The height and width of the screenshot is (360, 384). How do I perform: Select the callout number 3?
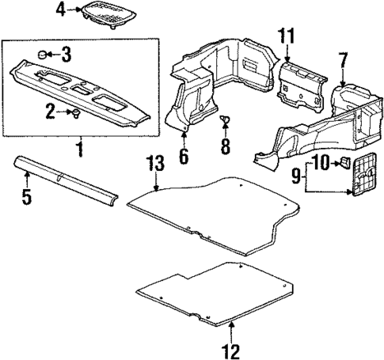67,54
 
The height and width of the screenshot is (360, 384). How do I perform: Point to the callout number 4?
62,9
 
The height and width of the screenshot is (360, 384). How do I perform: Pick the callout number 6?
184,155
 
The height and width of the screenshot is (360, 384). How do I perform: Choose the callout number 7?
343,59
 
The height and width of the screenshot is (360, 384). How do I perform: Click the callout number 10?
319,163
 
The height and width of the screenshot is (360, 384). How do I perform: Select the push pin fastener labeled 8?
225,120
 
